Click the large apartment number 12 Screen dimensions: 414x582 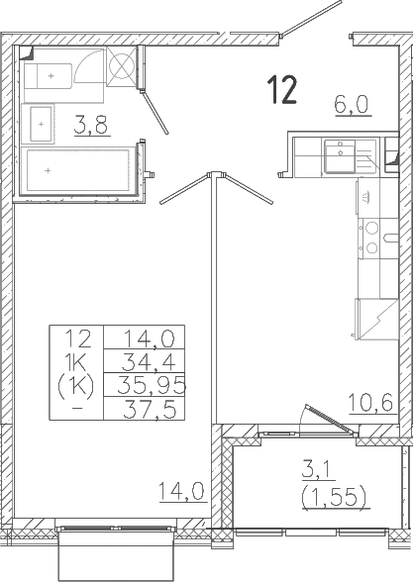click(x=283, y=89)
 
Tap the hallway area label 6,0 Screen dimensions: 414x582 click(x=352, y=104)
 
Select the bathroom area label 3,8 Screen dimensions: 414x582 click(x=91, y=125)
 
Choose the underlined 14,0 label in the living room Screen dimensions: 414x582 click(x=182, y=491)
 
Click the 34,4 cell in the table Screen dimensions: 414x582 click(x=150, y=361)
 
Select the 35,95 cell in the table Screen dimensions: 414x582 click(x=152, y=386)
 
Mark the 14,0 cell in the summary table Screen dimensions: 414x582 click(x=150, y=339)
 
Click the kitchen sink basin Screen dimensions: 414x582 click(x=340, y=156)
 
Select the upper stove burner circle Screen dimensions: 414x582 click(x=371, y=228)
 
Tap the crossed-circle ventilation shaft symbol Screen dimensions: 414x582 click(x=121, y=66)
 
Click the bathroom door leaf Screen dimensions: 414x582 click(x=155, y=113)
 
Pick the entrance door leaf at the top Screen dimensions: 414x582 click(x=311, y=18)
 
